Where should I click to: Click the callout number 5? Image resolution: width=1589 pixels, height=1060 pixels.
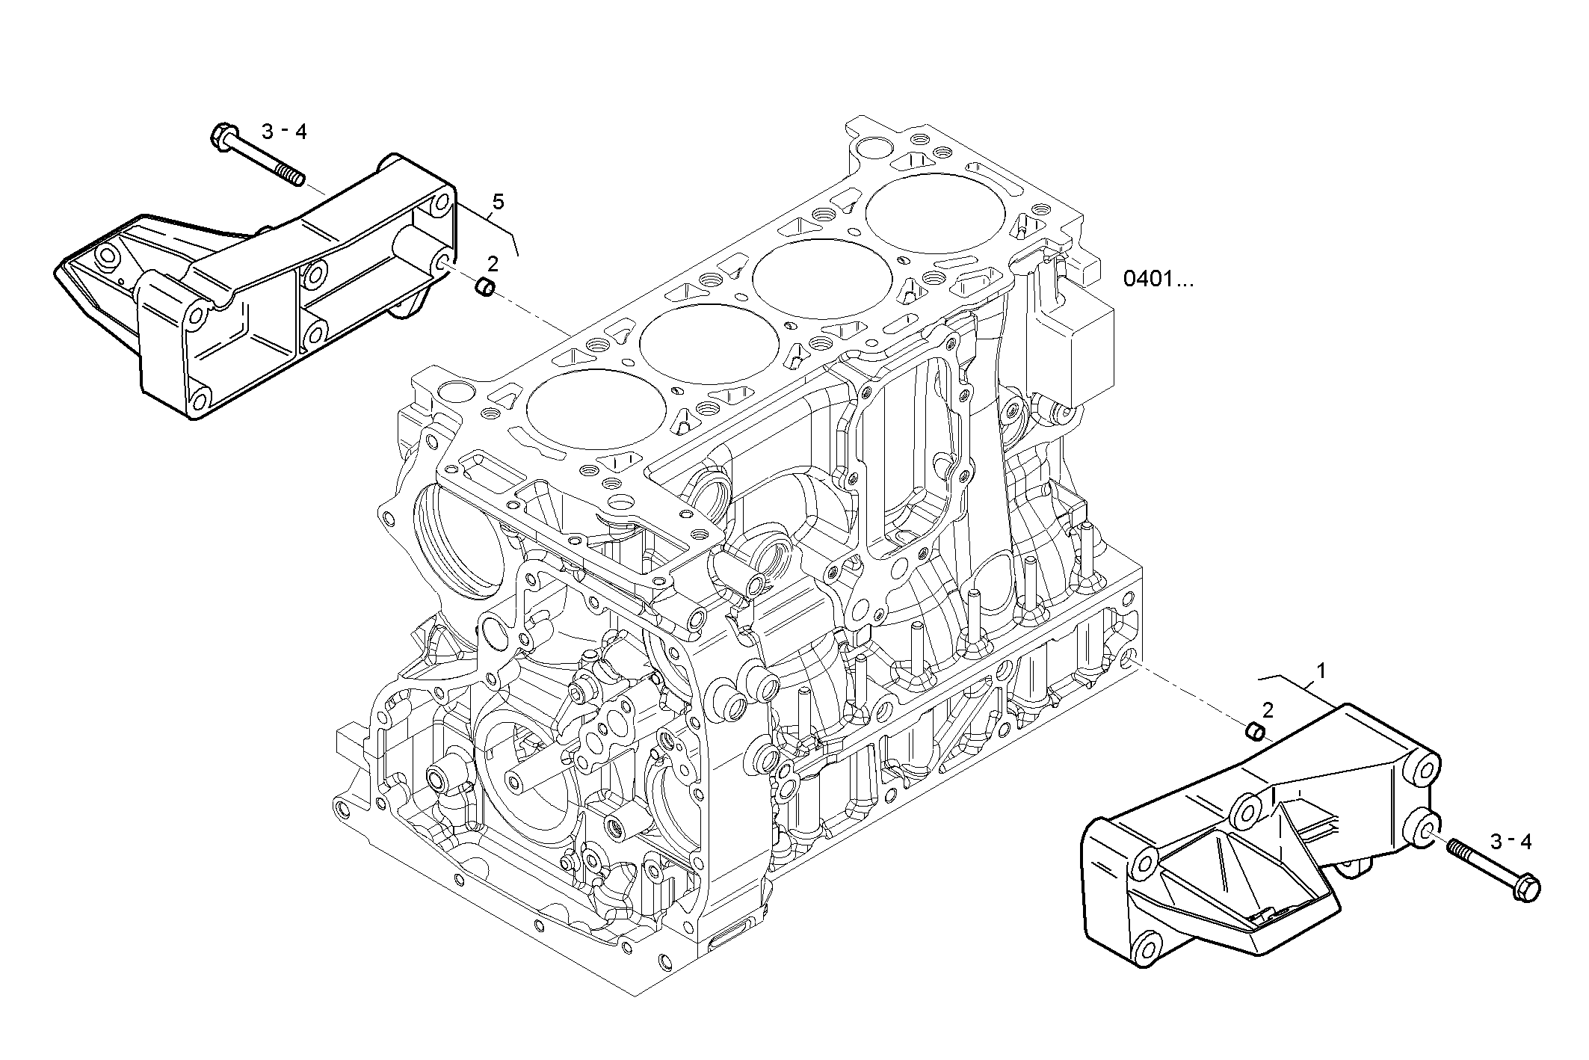point(499,202)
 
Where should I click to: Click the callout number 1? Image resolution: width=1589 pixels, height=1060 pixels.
point(1321,671)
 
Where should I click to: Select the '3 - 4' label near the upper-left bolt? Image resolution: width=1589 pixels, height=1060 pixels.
point(284,132)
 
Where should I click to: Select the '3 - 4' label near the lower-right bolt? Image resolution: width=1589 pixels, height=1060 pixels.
point(1511,842)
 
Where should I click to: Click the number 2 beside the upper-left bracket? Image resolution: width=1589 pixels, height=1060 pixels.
point(493,263)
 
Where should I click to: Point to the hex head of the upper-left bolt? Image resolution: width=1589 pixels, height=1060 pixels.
point(220,135)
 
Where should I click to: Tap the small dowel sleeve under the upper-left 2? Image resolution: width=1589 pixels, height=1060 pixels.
point(485,286)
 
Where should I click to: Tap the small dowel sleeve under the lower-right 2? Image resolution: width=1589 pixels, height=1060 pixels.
point(1256,730)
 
